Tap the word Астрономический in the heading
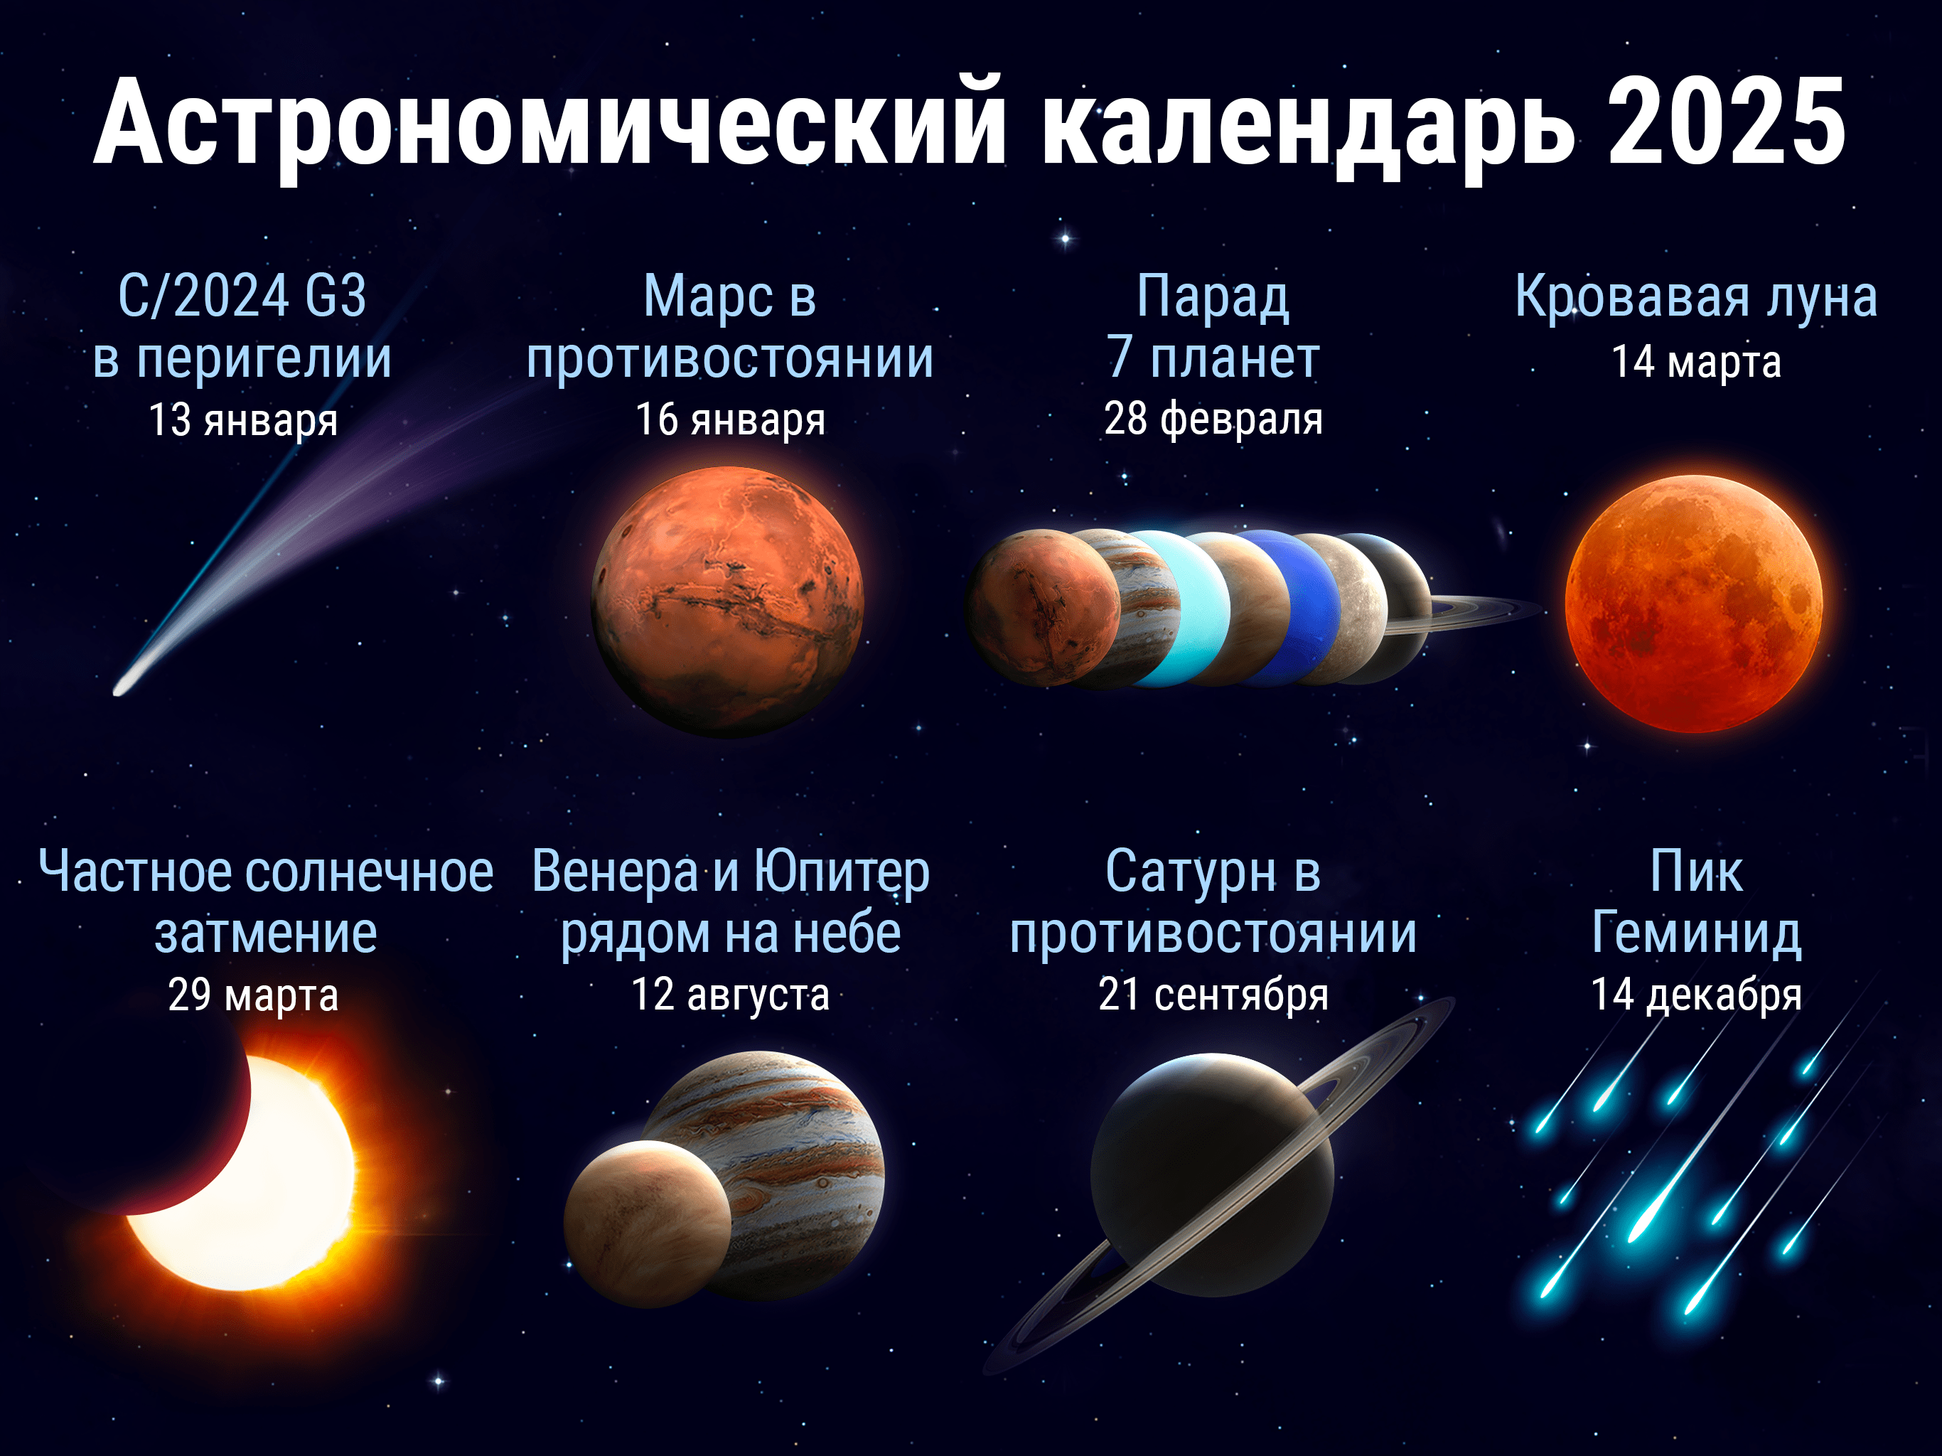click(x=549, y=123)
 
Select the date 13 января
click(x=243, y=419)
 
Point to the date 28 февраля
click(x=1213, y=419)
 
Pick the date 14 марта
click(x=1696, y=362)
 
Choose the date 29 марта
click(x=253, y=995)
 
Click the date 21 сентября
click(x=1213, y=995)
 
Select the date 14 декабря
click(x=1696, y=995)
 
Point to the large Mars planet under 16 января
click(x=728, y=601)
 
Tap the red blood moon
click(x=1693, y=604)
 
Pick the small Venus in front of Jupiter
click(x=648, y=1224)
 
